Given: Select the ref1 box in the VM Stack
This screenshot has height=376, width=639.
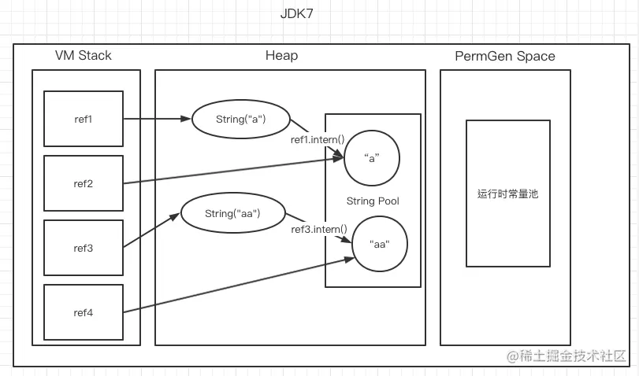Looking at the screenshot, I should (83, 119).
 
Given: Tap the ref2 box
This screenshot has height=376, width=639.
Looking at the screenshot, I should (83, 183).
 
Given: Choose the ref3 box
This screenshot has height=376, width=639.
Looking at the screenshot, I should (83, 248).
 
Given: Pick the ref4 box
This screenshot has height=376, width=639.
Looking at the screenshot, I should (83, 312).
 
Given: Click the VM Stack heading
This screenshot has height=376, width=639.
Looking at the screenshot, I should (84, 55).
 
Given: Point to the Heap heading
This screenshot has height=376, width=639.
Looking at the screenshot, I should (281, 55).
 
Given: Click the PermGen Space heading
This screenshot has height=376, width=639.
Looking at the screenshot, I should (505, 56).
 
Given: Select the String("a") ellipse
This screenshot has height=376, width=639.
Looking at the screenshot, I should (240, 120).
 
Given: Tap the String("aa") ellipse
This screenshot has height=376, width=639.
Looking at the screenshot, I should (232, 213).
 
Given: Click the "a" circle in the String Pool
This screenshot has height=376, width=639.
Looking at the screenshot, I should (372, 157).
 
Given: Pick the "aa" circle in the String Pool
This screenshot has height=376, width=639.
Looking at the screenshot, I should (380, 244).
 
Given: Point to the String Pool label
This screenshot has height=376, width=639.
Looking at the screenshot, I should (373, 201).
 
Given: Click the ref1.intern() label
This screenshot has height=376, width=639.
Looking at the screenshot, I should (318, 140).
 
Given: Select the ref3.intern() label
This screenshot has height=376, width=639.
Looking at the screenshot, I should (319, 229).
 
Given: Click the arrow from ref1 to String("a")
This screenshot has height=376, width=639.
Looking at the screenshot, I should (158, 120).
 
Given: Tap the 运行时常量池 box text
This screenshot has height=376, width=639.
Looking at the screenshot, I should (507, 193).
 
